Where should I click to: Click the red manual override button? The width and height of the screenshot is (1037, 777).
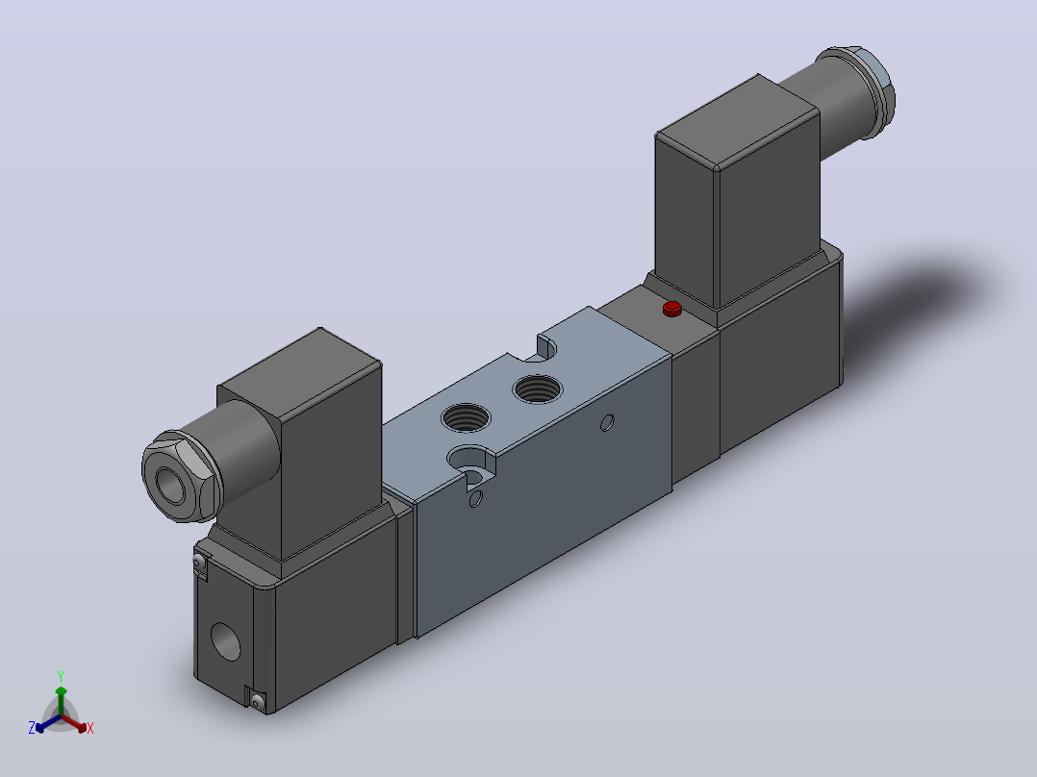[x=671, y=308]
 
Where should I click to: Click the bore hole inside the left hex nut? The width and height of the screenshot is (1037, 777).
[x=170, y=485]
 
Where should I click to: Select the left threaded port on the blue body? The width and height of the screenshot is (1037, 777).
[x=467, y=418]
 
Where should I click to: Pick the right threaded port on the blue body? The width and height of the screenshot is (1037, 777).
[x=538, y=388]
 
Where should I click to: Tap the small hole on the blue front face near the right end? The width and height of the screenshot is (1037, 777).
[x=607, y=422]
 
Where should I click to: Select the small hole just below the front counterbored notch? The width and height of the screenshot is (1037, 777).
[x=475, y=499]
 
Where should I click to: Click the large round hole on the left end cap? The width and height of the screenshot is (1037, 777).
[x=225, y=641]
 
